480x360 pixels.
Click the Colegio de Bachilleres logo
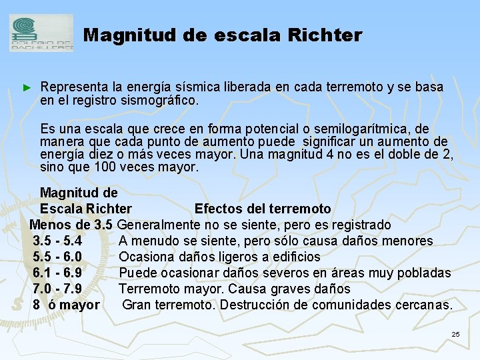[41, 33]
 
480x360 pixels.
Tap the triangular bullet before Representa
[27, 88]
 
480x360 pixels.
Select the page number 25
[455, 333]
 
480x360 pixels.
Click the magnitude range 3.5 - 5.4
[57, 241]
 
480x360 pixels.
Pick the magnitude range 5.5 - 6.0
[57, 257]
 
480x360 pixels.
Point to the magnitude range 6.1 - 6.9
[57, 273]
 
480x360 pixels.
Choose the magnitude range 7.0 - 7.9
[57, 289]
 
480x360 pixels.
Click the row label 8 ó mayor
[66, 305]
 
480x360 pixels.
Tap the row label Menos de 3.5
[71, 225]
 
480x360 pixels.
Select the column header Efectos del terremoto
[262, 209]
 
